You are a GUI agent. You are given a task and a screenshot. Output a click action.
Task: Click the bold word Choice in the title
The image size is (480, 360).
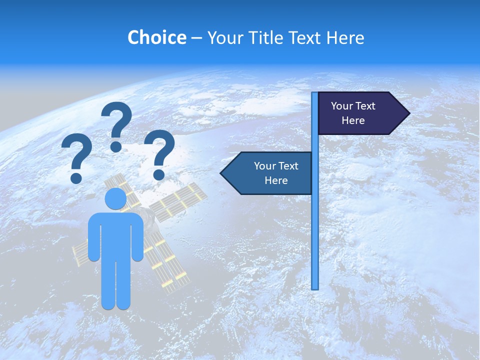click(x=156, y=38)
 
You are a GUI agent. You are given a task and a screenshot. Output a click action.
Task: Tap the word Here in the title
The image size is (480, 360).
click(x=345, y=38)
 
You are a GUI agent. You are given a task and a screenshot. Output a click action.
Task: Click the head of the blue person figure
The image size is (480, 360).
click(x=115, y=198)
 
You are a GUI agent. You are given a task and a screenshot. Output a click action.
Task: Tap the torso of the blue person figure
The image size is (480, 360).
click(x=115, y=235)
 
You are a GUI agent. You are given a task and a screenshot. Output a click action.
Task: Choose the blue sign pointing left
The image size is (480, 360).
click(x=270, y=173)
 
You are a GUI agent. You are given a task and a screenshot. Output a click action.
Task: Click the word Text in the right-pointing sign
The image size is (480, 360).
click(x=365, y=106)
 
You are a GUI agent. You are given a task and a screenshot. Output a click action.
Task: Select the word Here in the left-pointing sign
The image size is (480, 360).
click(x=276, y=180)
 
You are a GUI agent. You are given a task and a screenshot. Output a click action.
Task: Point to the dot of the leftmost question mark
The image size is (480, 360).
click(x=76, y=177)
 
